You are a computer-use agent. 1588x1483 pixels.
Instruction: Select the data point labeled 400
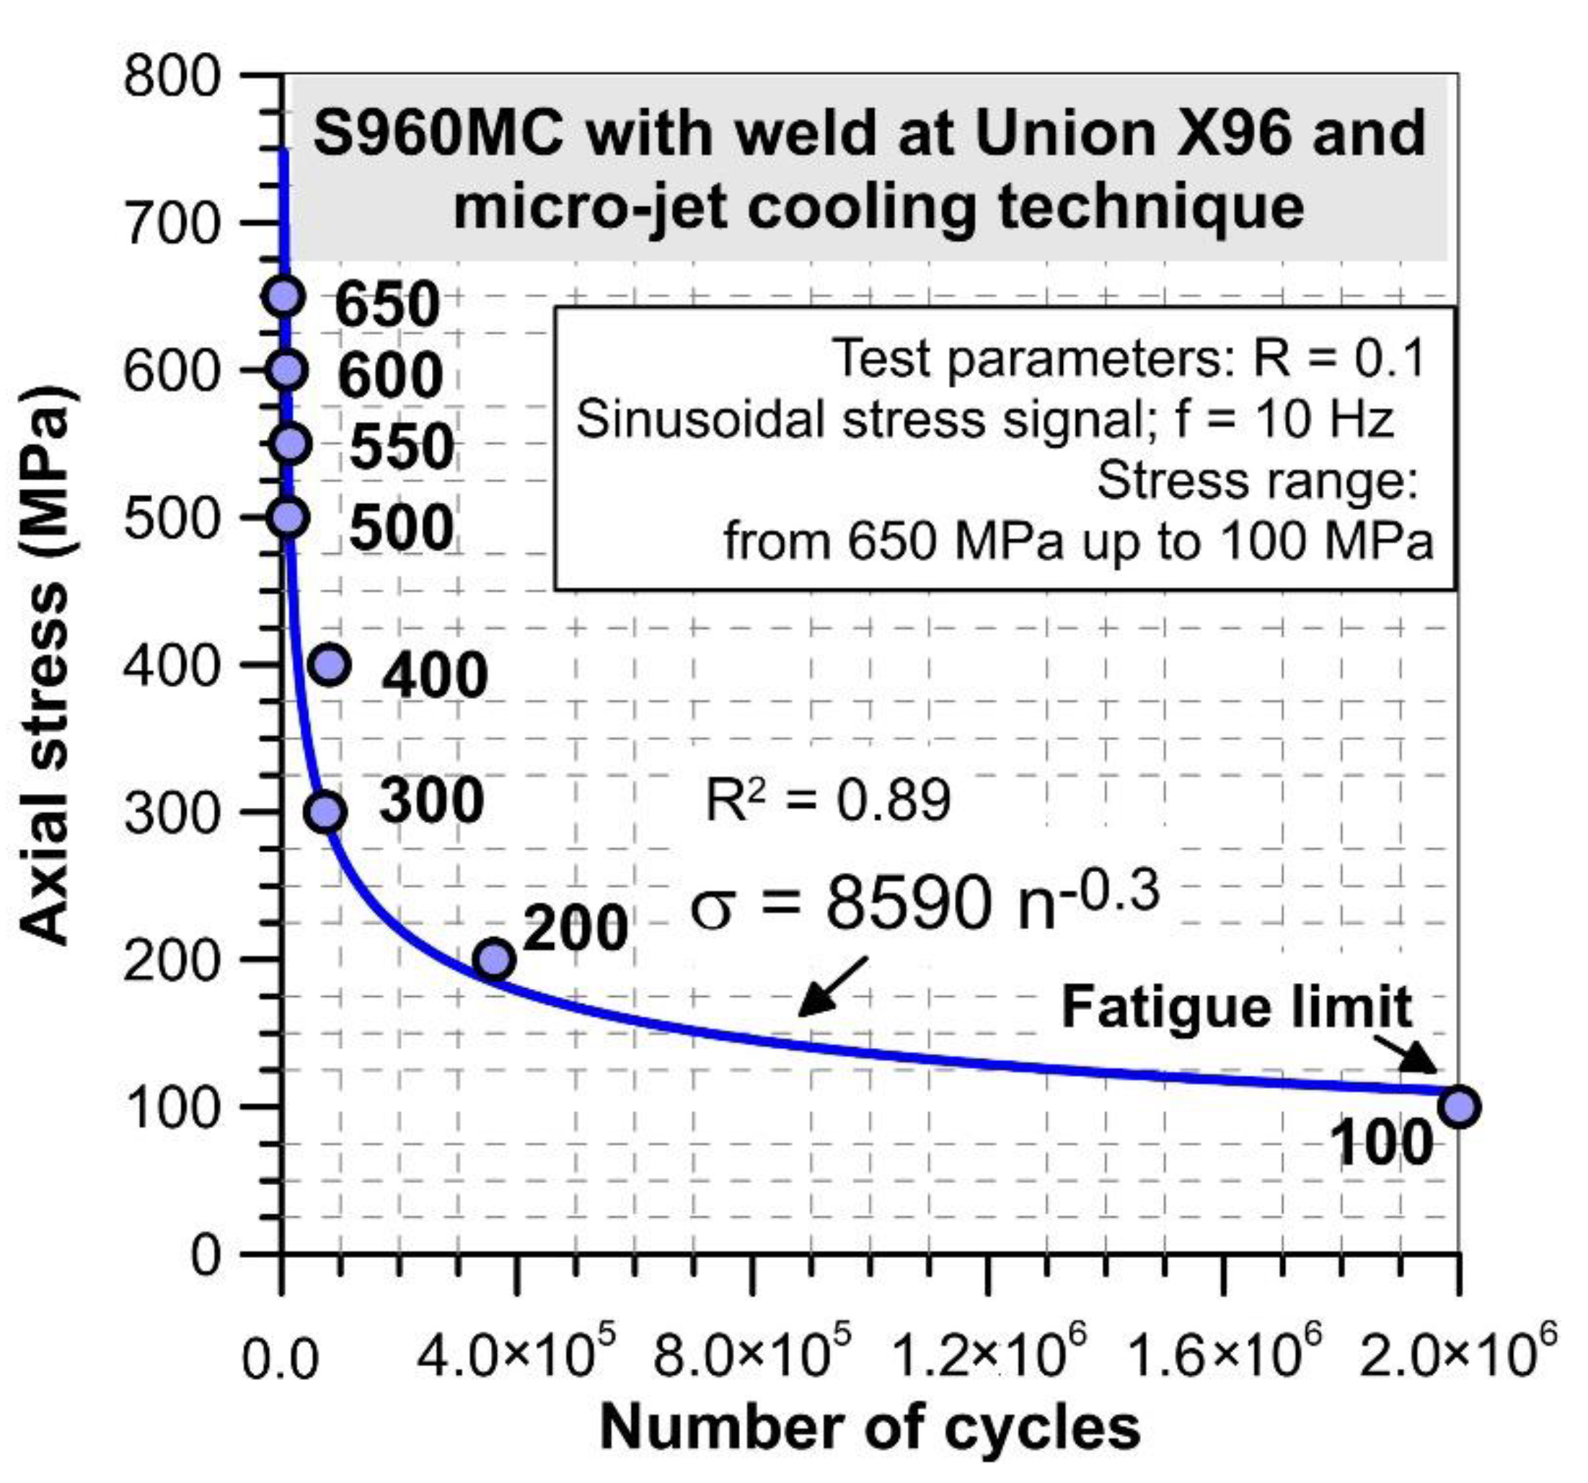tap(329, 664)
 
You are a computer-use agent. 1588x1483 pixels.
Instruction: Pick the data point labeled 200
tap(494, 959)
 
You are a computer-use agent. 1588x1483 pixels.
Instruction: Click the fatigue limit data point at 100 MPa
tap(1460, 1106)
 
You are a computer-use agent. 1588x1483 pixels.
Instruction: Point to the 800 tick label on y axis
tap(171, 77)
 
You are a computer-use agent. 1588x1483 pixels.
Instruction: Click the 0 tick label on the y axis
tap(205, 1255)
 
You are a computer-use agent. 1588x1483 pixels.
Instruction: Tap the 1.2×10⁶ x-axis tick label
tap(988, 1358)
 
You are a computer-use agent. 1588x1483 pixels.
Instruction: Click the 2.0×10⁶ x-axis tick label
tap(1457, 1358)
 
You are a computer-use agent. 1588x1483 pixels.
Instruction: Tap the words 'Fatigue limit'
tap(1237, 1007)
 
